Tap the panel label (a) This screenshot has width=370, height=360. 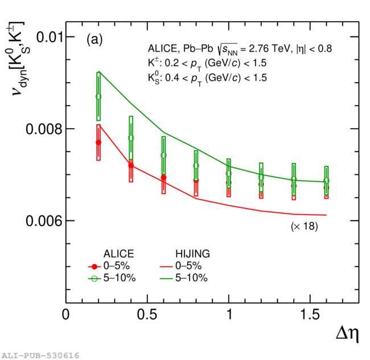click(94, 40)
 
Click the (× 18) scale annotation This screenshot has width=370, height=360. click(305, 226)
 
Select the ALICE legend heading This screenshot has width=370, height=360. click(118, 253)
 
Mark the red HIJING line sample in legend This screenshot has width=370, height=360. click(166, 266)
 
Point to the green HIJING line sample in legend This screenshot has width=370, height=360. click(166, 278)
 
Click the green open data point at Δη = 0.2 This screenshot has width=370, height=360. click(98, 97)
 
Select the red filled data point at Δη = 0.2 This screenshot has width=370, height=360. click(98, 142)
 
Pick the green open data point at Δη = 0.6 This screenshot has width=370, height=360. click(164, 156)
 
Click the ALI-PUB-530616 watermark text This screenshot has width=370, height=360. click(40, 355)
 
